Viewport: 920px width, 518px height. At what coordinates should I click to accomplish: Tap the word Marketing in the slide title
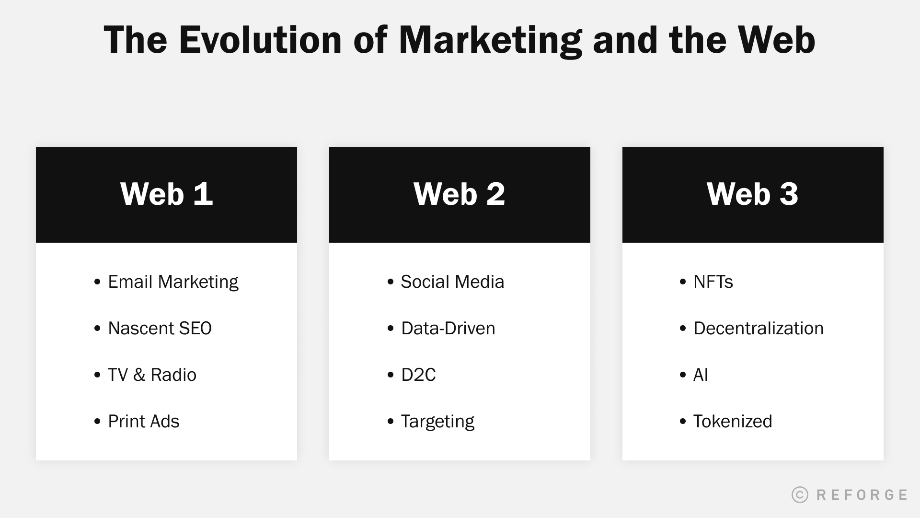click(x=490, y=40)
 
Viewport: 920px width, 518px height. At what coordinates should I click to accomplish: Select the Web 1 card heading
click(x=166, y=194)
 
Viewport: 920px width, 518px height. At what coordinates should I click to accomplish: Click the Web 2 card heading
click(x=459, y=194)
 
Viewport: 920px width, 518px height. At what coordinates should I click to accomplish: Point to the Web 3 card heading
click(x=752, y=194)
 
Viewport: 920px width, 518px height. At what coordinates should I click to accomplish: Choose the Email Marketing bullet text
click(x=173, y=282)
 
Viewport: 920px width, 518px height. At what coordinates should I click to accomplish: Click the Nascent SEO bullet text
click(x=160, y=329)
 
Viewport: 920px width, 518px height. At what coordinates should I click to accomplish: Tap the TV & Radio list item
click(x=152, y=375)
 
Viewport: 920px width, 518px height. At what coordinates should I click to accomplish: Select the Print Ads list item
click(x=143, y=422)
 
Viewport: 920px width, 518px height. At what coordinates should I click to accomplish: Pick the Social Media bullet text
click(x=452, y=282)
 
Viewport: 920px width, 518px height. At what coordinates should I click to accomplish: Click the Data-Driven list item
click(x=448, y=329)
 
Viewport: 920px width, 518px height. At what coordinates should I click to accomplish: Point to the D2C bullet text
click(x=418, y=375)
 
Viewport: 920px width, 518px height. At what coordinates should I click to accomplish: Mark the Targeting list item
click(x=437, y=422)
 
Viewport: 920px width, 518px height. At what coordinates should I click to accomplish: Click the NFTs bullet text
click(x=713, y=282)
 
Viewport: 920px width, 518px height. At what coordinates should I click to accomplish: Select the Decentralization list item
click(x=759, y=329)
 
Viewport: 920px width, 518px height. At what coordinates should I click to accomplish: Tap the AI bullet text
click(x=701, y=375)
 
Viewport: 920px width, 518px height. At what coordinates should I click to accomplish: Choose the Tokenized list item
click(x=733, y=422)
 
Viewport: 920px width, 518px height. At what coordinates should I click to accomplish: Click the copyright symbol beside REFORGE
click(x=800, y=494)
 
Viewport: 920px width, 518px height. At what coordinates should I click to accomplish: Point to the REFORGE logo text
click(x=862, y=494)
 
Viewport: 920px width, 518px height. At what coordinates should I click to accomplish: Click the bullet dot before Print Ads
click(x=98, y=422)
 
